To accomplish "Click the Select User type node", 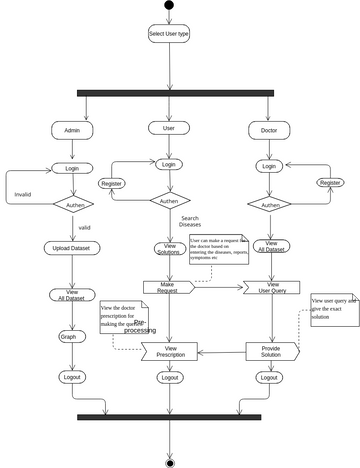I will [168, 34].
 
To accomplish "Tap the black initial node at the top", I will [168, 5].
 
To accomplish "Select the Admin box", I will [71, 130].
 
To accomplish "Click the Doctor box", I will [268, 130].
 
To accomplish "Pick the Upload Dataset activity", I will [71, 248].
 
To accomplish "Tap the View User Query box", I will [272, 287].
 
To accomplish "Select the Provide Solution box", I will [272, 351].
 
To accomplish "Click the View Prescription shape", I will [168, 351].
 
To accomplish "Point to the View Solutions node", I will [168, 248].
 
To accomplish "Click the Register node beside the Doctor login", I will [329, 183].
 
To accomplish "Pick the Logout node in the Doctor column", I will [268, 378].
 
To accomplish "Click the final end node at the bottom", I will [168, 461].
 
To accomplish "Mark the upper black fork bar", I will [175, 94].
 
